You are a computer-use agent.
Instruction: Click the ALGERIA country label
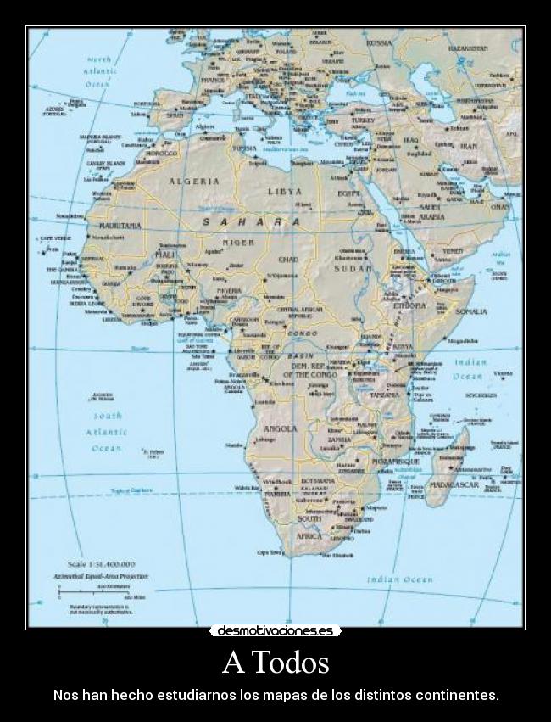[194, 181]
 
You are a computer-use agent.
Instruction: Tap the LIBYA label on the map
[285, 191]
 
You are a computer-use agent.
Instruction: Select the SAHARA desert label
[251, 221]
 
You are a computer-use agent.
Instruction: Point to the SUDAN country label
[353, 268]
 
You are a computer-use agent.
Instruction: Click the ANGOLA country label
[280, 428]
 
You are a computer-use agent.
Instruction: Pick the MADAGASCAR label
[454, 484]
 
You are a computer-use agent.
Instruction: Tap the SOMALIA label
[471, 311]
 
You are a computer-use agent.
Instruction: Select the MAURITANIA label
[120, 227]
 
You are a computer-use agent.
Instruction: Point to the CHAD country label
[288, 259]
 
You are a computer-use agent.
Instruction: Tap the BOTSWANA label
[318, 480]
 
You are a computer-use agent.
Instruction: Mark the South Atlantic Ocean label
[108, 432]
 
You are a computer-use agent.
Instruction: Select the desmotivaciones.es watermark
[275, 631]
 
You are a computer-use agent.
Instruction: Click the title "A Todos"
[275, 662]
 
